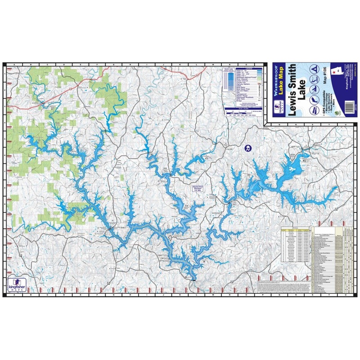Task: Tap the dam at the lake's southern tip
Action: pos(193,279)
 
